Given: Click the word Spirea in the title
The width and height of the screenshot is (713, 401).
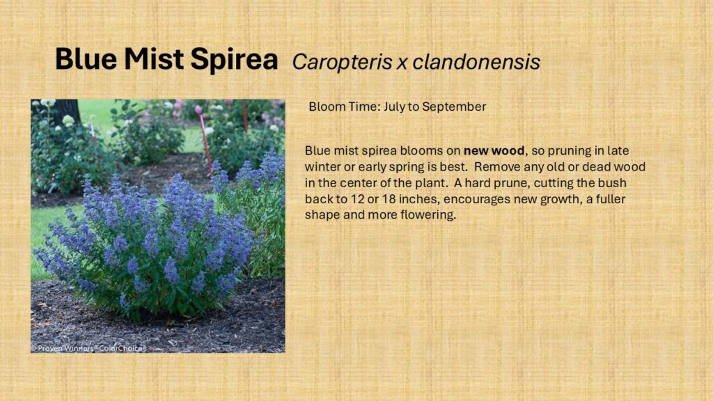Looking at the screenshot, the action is [234, 60].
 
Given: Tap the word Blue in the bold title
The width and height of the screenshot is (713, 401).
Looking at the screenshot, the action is [86, 58].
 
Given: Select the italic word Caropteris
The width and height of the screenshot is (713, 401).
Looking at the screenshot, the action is [342, 62].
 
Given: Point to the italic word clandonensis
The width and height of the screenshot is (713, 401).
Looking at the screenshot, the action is [476, 62].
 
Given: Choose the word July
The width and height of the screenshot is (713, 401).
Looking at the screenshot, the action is [395, 107].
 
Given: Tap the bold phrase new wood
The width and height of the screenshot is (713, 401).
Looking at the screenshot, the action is [494, 150].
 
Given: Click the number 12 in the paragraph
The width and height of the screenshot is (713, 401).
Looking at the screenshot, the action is [357, 199].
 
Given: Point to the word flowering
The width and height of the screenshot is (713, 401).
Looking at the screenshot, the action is [428, 215].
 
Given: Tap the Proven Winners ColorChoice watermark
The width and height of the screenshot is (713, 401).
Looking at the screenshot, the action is [88, 348].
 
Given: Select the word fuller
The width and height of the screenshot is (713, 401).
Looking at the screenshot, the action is [610, 198].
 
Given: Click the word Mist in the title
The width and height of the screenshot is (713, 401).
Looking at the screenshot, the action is [153, 58].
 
